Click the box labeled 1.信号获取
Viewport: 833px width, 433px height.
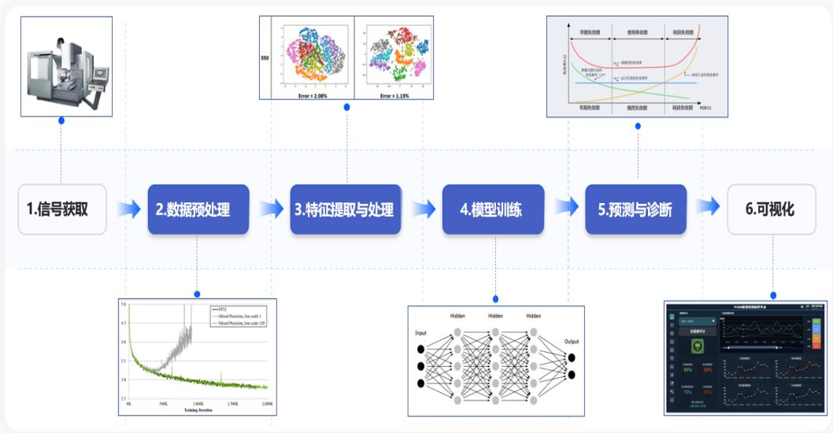coord(62,209)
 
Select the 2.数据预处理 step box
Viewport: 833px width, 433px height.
coord(198,209)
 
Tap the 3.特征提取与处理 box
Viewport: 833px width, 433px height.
coord(345,209)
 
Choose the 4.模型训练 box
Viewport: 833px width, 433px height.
coord(492,209)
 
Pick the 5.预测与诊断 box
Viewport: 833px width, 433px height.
coord(635,209)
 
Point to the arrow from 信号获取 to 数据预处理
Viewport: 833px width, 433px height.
coord(127,209)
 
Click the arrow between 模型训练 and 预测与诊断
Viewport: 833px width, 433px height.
coord(565,208)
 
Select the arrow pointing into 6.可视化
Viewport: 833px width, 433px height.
coord(707,206)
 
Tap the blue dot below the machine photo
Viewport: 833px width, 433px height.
coord(61,121)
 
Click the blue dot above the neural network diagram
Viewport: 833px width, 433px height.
coord(495,298)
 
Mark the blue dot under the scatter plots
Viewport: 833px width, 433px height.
coord(346,107)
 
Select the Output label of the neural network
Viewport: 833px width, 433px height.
coord(571,342)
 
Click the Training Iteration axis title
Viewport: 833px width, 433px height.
coord(198,409)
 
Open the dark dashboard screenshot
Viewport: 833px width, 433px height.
coord(745,357)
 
